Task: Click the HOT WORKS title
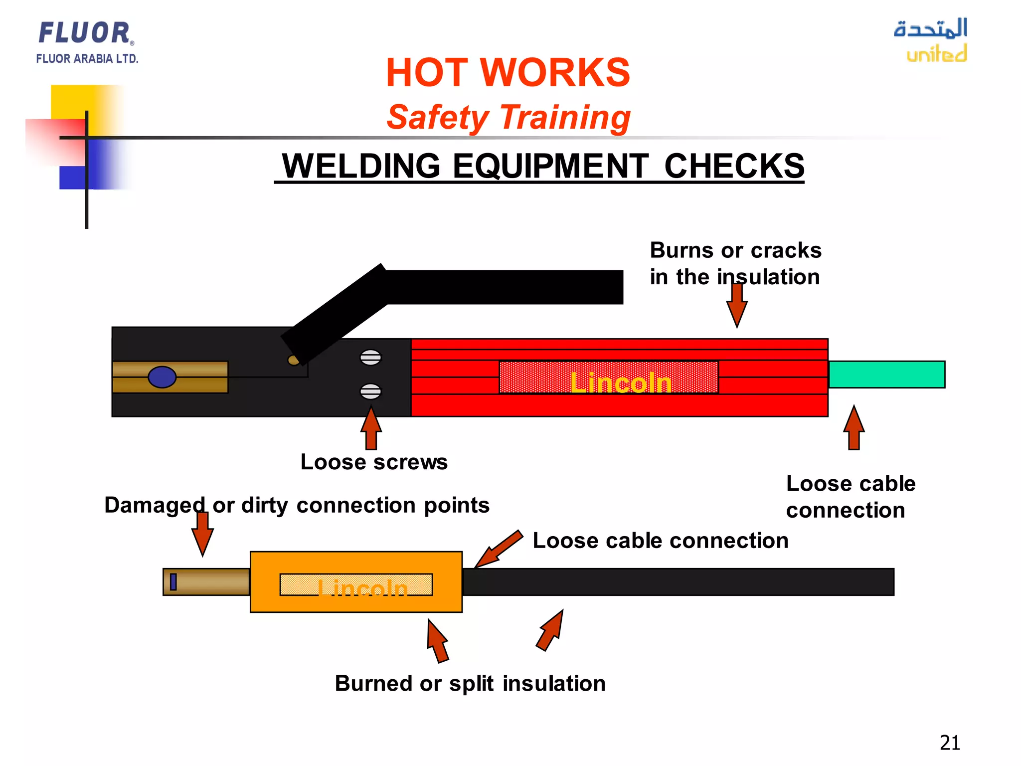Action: [508, 73]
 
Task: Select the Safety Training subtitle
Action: [508, 118]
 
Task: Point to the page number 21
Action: [949, 743]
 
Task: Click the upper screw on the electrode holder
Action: [370, 358]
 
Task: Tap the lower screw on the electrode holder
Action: [370, 391]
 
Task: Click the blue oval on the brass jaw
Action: [162, 377]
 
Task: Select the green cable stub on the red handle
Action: [886, 375]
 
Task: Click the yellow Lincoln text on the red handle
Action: [621, 383]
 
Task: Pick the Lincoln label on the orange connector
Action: [362, 588]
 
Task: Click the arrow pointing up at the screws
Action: [371, 428]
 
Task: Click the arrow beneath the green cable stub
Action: [854, 428]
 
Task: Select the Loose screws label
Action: [374, 462]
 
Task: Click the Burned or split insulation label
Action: [470, 684]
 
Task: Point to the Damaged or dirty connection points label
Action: [297, 505]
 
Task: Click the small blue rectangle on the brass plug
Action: [173, 582]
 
